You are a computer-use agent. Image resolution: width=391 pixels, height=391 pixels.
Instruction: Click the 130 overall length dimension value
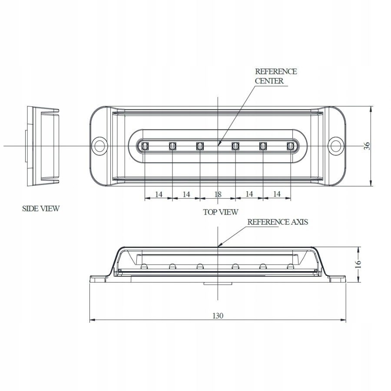[218, 316]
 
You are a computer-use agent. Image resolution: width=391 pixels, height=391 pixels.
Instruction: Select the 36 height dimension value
[367, 146]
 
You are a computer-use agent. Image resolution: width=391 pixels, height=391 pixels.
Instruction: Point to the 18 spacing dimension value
[218, 194]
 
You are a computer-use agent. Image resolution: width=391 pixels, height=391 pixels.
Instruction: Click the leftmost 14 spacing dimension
[159, 194]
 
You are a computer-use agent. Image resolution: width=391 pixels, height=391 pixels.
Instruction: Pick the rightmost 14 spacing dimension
[277, 194]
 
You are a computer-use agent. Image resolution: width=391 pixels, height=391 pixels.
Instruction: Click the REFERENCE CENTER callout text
[275, 76]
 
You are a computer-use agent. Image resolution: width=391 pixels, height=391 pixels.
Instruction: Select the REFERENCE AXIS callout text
[278, 222]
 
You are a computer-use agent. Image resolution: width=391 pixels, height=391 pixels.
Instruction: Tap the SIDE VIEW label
[41, 209]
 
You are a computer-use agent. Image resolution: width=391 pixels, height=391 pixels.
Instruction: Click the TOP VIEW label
[221, 212]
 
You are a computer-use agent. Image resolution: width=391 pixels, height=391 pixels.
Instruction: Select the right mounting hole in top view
[335, 146]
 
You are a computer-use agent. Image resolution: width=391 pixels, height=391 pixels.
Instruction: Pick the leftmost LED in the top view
[145, 146]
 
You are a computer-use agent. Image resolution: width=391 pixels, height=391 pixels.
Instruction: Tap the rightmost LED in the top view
[290, 146]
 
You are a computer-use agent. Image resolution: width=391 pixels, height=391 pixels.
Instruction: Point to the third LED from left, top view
[200, 146]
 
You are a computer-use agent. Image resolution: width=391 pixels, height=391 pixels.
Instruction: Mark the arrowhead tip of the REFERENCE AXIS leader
[218, 247]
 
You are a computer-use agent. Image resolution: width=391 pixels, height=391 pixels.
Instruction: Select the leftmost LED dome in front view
[145, 266]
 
